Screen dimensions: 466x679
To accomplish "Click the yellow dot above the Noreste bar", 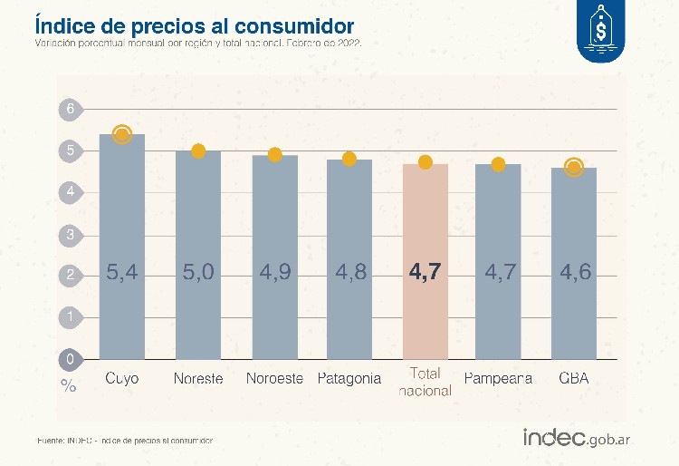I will coord(199,150).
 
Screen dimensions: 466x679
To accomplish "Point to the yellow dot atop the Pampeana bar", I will coord(498,164).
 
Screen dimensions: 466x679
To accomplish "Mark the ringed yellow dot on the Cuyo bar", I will coord(122,135).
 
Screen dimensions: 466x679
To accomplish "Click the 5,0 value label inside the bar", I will coord(198,272).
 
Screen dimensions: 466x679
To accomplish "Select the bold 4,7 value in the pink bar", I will coord(425,272).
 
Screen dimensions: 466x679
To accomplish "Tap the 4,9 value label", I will coord(274,272).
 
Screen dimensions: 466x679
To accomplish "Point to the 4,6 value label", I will coord(573,272).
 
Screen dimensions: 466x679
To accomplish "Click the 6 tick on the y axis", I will coord(69,109).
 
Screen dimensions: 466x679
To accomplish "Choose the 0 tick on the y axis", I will coord(69,359).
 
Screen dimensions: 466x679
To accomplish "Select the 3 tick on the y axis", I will coord(69,234).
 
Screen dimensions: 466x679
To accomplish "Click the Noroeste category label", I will coord(274,378).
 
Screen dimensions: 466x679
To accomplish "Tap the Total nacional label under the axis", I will coord(426,382).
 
